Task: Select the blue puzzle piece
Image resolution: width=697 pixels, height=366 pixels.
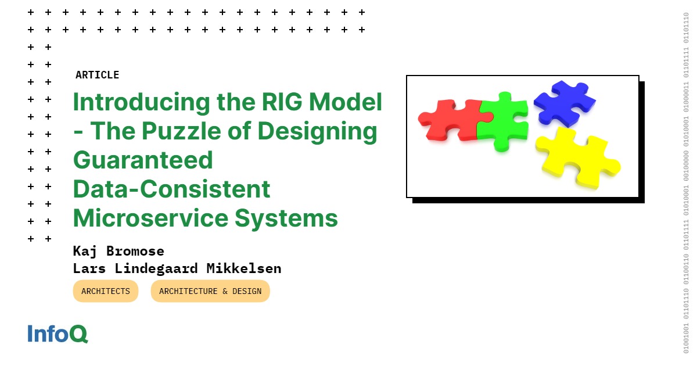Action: (562, 102)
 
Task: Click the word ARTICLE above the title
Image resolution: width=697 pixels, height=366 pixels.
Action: (97, 75)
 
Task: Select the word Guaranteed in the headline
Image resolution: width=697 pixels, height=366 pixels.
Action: (143, 160)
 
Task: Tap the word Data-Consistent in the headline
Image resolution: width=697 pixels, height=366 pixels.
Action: (171, 189)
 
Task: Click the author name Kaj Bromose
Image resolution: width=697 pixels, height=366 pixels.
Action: (118, 251)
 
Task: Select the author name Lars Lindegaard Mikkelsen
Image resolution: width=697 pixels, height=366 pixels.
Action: (177, 268)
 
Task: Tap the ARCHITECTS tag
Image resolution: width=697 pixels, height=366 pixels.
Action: (106, 291)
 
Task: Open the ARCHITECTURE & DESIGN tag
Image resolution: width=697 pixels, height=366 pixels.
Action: (210, 291)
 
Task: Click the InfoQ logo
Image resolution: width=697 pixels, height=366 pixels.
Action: (58, 333)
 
